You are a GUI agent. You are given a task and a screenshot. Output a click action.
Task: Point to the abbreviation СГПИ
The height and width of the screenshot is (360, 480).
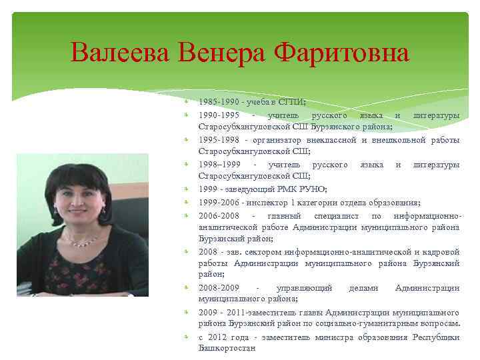[291, 102]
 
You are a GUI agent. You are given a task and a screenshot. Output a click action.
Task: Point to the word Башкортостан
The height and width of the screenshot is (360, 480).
[227, 348]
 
